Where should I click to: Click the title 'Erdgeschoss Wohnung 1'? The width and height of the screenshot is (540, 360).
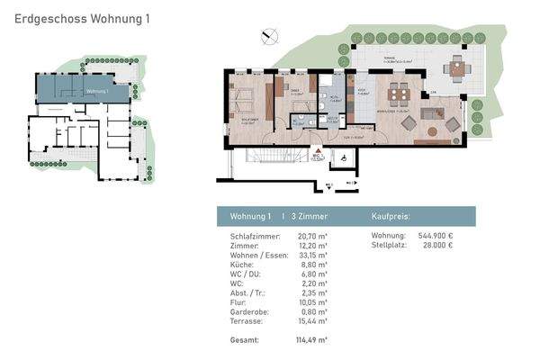pos(76,17)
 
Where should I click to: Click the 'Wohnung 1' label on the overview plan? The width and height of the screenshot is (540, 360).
pos(96,91)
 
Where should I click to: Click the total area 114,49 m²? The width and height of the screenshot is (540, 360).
pos(310,340)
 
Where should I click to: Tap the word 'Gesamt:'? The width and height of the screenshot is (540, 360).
pos(245,340)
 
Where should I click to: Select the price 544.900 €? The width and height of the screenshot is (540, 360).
pos(436,236)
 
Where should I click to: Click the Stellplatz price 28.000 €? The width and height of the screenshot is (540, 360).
pos(437,245)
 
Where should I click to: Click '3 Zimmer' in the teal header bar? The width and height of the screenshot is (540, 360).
pos(310,217)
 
